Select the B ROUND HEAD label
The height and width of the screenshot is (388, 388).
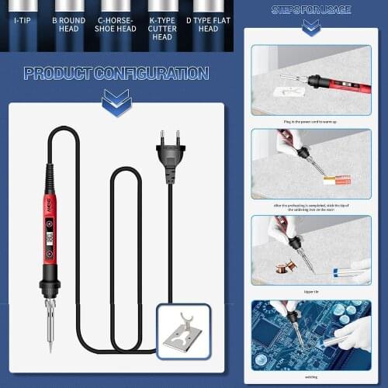point(69,23)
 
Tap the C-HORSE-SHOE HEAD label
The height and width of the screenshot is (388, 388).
point(115,23)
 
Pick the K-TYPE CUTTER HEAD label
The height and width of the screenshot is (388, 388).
point(162,23)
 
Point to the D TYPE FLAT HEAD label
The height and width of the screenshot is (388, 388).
point(208,23)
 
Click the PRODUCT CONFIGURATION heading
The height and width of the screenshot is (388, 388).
point(116,74)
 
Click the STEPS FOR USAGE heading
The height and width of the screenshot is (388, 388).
point(310,10)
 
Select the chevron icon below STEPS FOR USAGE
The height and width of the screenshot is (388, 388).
point(311,28)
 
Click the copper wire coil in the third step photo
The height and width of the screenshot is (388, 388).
point(286,266)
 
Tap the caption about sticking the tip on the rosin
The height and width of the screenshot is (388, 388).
point(310,206)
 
